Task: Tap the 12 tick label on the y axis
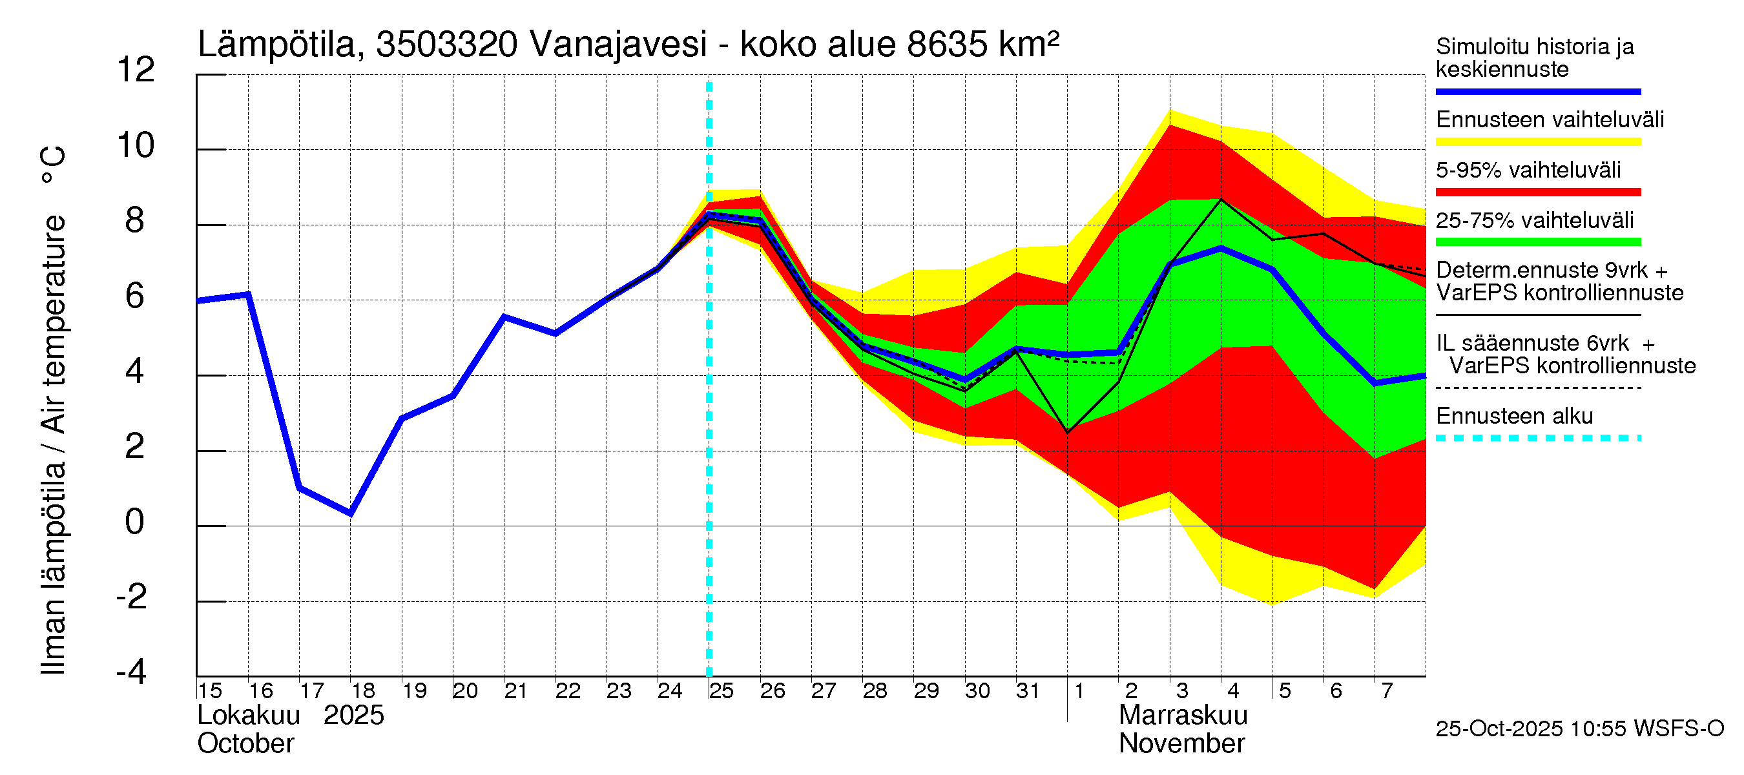[136, 70]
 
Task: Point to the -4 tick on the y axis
[131, 672]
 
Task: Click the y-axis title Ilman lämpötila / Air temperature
[54, 409]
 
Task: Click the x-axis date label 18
[363, 691]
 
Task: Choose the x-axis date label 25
[721, 691]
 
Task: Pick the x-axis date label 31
[1028, 691]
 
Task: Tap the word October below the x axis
[245, 744]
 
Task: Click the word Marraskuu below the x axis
[1182, 716]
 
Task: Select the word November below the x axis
[1181, 744]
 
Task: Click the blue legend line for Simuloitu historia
[1537, 91]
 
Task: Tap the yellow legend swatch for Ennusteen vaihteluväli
[1537, 142]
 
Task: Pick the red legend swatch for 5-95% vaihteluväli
[1537, 192]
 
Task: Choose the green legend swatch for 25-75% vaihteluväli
[1537, 242]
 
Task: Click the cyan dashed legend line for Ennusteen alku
[1537, 438]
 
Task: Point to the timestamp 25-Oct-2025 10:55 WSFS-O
[1579, 728]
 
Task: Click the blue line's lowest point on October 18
[351, 513]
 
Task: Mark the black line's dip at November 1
[1067, 433]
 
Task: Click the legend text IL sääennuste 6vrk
[1532, 343]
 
